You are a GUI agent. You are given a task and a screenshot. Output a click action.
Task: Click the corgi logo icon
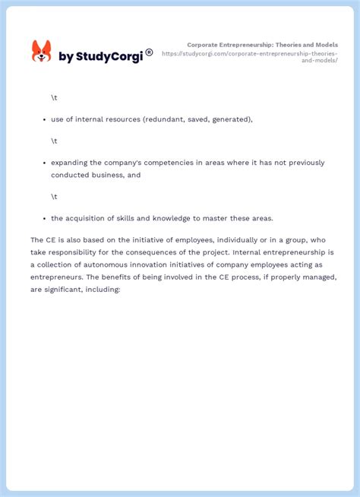click(41, 52)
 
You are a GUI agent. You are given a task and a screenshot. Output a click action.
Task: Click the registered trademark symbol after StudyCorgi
click(149, 52)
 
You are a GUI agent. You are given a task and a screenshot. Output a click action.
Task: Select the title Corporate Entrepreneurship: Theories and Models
click(262, 46)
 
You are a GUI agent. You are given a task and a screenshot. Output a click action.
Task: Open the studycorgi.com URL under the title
click(250, 57)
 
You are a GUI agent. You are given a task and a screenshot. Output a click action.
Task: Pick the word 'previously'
click(302, 163)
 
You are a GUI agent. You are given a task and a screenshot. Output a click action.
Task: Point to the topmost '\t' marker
click(54, 98)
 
